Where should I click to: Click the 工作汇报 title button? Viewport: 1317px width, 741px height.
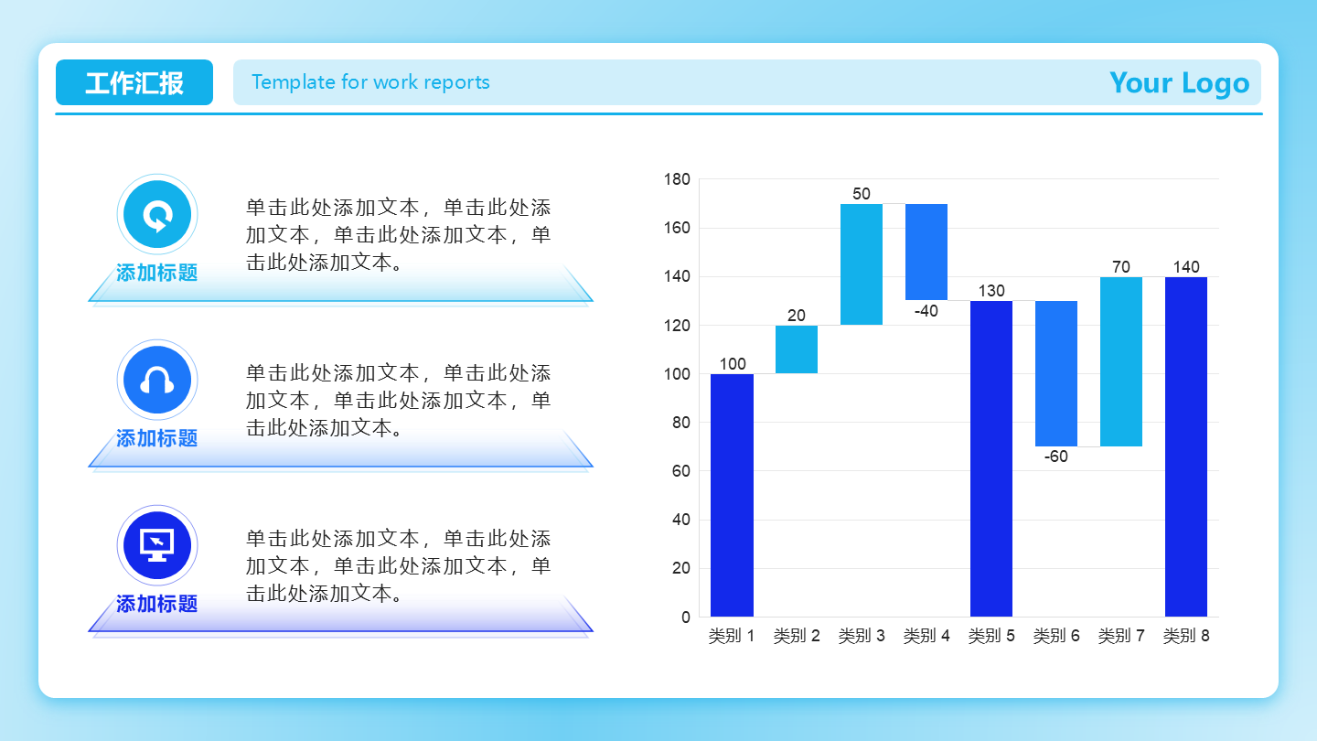(134, 82)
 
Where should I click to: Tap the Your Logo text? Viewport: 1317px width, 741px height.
(1179, 83)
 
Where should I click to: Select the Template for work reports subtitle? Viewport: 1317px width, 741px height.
(370, 81)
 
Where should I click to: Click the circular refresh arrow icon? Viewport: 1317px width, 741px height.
(157, 214)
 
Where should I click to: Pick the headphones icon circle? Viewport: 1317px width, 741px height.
(157, 380)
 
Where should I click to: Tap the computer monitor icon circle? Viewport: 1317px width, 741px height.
(157, 545)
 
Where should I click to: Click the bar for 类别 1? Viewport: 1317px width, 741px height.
(732, 495)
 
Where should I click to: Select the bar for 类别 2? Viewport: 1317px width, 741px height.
(797, 349)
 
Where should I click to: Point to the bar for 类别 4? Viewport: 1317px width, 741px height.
(926, 252)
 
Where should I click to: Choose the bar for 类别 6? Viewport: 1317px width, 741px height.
(1056, 373)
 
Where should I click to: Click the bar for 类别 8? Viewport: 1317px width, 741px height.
(1186, 447)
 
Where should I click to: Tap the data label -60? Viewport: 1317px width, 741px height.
(1056, 456)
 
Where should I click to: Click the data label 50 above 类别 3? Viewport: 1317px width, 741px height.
(862, 194)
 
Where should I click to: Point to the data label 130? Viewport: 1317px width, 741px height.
(991, 291)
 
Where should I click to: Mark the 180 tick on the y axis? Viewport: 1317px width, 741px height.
(677, 179)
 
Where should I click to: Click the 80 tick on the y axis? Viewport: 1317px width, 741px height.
(680, 423)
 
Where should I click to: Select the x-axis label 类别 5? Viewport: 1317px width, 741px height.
(991, 636)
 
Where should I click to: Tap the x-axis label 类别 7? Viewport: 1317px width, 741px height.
(1121, 636)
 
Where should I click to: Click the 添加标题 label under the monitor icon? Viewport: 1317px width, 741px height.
(157, 604)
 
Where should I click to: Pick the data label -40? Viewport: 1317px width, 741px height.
(926, 310)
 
